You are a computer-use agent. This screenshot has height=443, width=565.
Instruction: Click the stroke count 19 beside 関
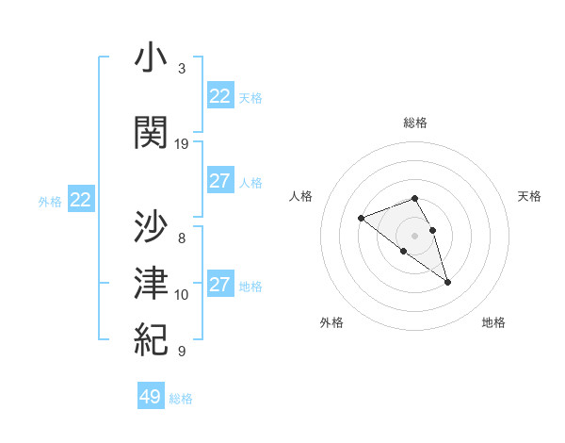pyautogui.click(x=182, y=144)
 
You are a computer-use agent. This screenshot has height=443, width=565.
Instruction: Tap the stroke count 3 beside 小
pyautogui.click(x=182, y=69)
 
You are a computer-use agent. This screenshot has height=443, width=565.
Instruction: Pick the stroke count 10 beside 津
pyautogui.click(x=182, y=295)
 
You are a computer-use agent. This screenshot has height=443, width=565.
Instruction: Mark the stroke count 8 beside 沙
pyautogui.click(x=182, y=238)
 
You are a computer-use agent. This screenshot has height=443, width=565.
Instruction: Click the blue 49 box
pyautogui.click(x=151, y=397)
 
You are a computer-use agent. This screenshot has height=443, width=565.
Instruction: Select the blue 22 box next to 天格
pyautogui.click(x=220, y=96)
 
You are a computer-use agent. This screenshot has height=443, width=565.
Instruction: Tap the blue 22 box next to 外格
pyautogui.click(x=81, y=199)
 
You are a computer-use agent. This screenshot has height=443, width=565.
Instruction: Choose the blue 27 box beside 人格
pyautogui.click(x=220, y=181)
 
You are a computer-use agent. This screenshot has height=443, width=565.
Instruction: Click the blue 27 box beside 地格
pyautogui.click(x=220, y=285)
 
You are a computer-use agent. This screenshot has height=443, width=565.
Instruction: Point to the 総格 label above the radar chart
pyautogui.click(x=415, y=123)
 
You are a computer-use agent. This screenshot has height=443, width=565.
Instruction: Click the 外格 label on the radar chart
pyautogui.click(x=331, y=322)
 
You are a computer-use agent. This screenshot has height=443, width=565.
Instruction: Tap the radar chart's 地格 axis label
pyautogui.click(x=493, y=322)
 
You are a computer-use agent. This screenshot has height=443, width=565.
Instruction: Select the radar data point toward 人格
pyautogui.click(x=361, y=219)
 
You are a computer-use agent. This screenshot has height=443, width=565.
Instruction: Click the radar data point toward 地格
pyautogui.click(x=447, y=282)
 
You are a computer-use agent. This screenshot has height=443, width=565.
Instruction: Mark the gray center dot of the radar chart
pyautogui.click(x=415, y=235)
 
